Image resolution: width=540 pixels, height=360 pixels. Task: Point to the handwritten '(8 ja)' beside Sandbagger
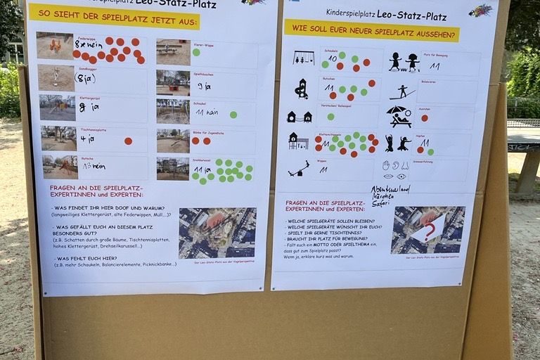pyautogui.click(x=85, y=79)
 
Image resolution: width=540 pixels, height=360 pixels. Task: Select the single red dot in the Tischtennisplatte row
pyautogui.click(x=128, y=141)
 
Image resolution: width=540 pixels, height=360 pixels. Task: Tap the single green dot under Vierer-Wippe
pyautogui.click(x=196, y=52)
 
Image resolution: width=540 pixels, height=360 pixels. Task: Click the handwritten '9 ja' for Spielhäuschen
pyautogui.click(x=203, y=86)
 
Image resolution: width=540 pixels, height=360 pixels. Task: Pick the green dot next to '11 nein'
pyautogui.click(x=233, y=115)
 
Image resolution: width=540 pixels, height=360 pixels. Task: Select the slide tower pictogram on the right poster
pyautogui.click(x=302, y=89)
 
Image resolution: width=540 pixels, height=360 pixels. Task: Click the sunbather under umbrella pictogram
pyautogui.click(x=399, y=116)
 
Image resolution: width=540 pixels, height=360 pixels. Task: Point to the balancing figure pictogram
pyautogui.click(x=402, y=91)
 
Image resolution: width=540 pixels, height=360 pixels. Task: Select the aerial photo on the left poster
pyautogui.click(x=217, y=233)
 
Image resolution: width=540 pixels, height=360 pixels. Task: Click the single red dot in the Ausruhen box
pyautogui.click(x=424, y=118)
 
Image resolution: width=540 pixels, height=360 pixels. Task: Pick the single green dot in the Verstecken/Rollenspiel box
pyautogui.click(x=330, y=117)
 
